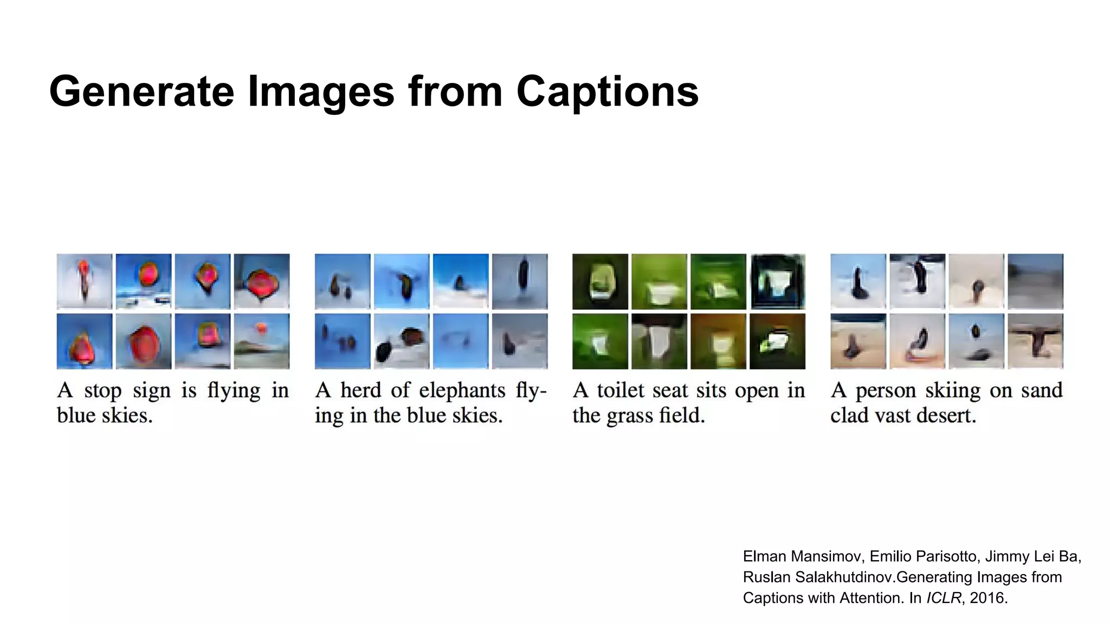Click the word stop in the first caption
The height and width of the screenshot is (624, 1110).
[x=102, y=391]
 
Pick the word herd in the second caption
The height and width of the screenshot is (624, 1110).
[x=360, y=391]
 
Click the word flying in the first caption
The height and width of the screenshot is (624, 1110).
[x=234, y=391]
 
